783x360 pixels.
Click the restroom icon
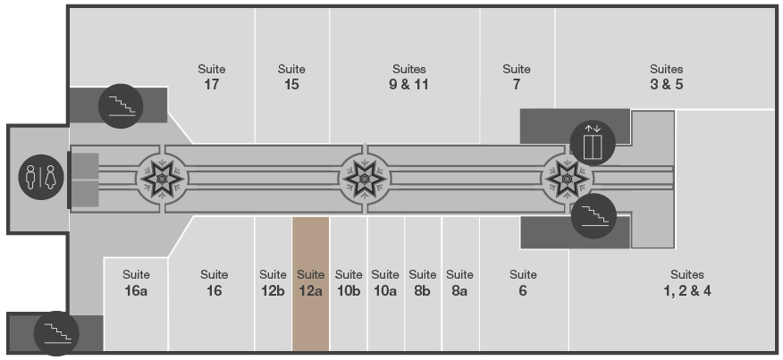coord(41,177)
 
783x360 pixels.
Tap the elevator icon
coord(593,143)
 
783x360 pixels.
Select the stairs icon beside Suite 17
coord(121,106)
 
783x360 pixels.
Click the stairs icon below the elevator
coord(594,216)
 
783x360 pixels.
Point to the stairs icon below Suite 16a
coord(56,333)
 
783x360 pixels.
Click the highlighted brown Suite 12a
coord(310,284)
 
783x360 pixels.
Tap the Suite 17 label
coord(211,77)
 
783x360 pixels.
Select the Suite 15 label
coord(291,77)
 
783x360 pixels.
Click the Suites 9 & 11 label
coord(409,77)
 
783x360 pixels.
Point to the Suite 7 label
coord(517,77)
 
